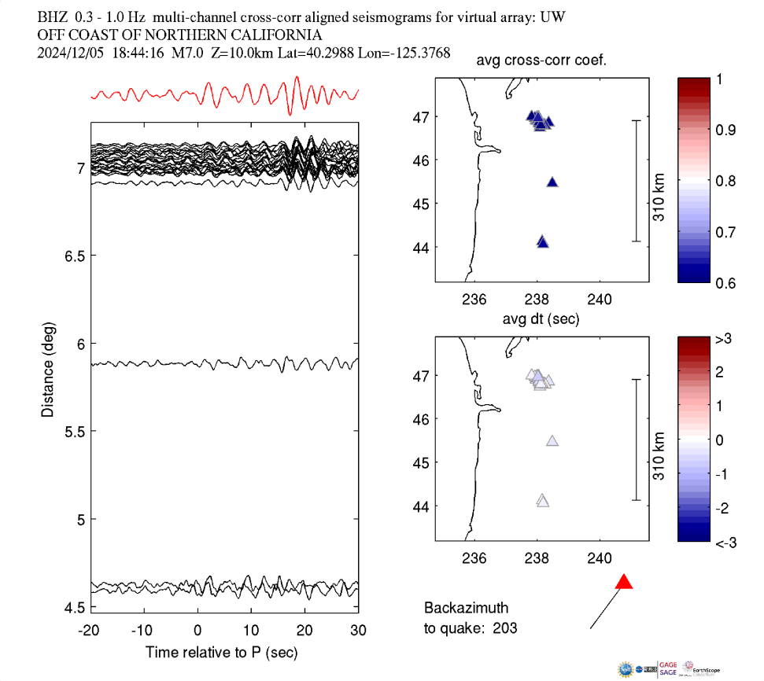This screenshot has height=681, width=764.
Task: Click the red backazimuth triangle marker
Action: point(624,583)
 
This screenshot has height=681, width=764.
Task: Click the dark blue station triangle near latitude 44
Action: point(542,242)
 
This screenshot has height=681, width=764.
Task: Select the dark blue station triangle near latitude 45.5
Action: point(552,182)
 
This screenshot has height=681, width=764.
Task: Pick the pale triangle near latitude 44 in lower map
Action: point(542,500)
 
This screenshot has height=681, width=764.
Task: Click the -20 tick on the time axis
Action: point(89,630)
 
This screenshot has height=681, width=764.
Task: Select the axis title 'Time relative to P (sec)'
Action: point(221,652)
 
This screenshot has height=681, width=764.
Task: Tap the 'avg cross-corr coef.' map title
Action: point(541,61)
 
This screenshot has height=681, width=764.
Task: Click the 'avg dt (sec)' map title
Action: point(541,318)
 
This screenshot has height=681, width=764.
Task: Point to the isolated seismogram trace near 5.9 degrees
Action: point(224,364)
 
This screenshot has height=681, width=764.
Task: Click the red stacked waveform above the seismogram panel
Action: point(224,95)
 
